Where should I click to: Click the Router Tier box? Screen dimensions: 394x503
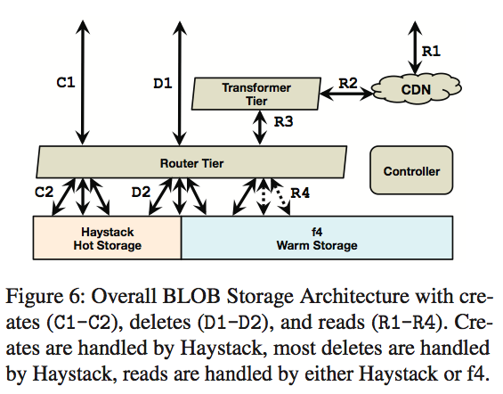tap(191, 163)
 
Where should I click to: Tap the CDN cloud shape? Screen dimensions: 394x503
tap(417, 90)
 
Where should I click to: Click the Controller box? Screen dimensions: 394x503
tap(410, 171)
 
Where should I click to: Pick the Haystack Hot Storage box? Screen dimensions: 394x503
tap(106, 237)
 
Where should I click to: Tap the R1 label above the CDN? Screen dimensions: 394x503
tap(430, 51)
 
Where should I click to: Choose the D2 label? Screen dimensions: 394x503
tap(141, 191)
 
